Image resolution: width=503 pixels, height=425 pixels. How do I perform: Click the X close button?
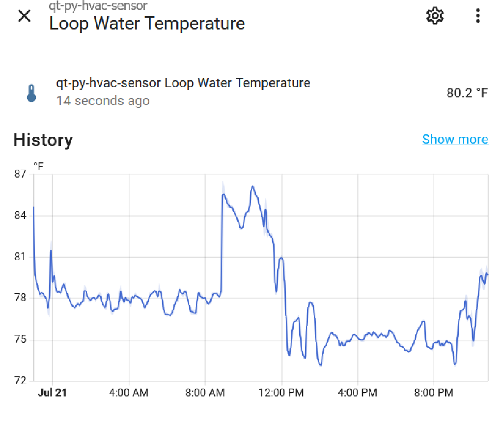point(24,16)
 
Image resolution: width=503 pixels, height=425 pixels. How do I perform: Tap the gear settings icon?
point(435,16)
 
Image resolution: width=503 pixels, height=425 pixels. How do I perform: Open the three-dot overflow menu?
point(478,16)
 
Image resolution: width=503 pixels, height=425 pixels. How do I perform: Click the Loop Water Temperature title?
point(147,24)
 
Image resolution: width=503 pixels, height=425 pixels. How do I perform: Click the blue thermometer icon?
point(31,92)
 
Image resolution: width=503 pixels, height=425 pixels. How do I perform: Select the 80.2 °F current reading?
point(467,92)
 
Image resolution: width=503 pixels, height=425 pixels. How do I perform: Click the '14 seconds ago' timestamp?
point(103,101)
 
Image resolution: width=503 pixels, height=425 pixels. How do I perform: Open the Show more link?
point(455,140)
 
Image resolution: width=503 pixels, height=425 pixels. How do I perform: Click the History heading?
point(43,140)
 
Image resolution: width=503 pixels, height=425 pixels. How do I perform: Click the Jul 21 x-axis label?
point(52,393)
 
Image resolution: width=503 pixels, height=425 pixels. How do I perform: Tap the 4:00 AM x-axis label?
point(129,393)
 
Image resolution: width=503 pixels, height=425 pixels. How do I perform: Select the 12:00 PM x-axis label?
point(281,393)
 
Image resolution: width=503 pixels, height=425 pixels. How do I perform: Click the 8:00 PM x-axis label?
point(433,393)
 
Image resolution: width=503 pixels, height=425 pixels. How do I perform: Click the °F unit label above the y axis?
point(38,166)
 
